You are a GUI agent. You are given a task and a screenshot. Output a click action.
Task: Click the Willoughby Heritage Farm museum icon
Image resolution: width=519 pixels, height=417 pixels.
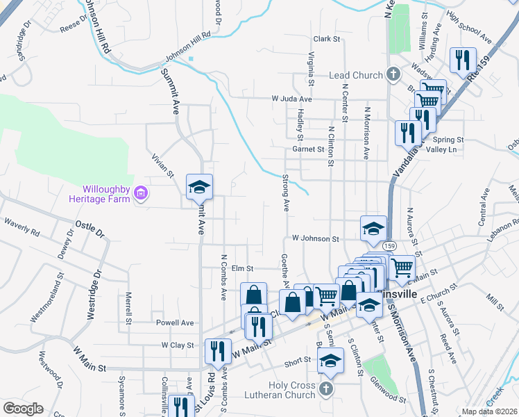tap(141, 193)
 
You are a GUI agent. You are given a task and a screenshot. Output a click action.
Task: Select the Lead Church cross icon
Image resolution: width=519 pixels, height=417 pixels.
tap(393, 74)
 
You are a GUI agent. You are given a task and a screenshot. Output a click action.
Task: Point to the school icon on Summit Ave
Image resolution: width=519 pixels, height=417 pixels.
tap(199, 188)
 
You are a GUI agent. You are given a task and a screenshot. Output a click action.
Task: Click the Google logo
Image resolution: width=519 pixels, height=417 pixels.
tap(23, 409)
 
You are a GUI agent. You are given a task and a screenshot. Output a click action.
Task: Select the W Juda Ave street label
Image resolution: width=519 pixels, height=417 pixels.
tap(291, 99)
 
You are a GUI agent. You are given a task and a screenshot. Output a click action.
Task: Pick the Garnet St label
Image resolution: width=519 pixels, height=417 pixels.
tap(308, 149)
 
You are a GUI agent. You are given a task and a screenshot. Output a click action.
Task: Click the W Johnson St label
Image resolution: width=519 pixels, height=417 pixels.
tap(314, 238)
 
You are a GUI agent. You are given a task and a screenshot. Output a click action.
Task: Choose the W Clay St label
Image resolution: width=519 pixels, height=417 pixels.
tap(177, 345)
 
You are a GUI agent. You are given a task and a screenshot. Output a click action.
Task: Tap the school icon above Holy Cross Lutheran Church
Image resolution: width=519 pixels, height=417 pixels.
tap(330, 361)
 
